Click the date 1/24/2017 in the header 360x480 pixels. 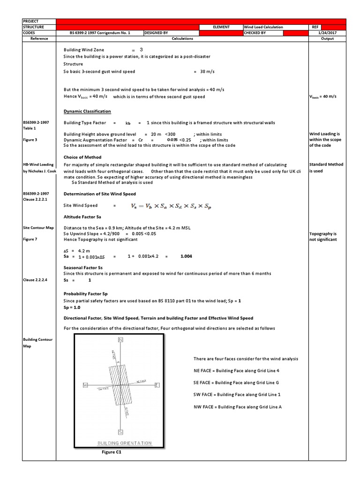coord(327,33)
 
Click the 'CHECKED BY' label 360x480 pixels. coord(255,33)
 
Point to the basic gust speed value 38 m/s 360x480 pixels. coord(206,72)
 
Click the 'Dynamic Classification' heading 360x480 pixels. coord(87,111)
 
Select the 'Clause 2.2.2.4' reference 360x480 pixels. coord(35,280)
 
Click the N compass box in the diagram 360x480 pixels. coord(120,339)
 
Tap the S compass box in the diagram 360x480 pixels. coord(120,431)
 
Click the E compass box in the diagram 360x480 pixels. coord(157,385)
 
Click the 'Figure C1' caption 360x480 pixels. coord(112,452)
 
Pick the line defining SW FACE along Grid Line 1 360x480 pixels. coord(237,395)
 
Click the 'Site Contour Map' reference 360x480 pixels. coord(38,227)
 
